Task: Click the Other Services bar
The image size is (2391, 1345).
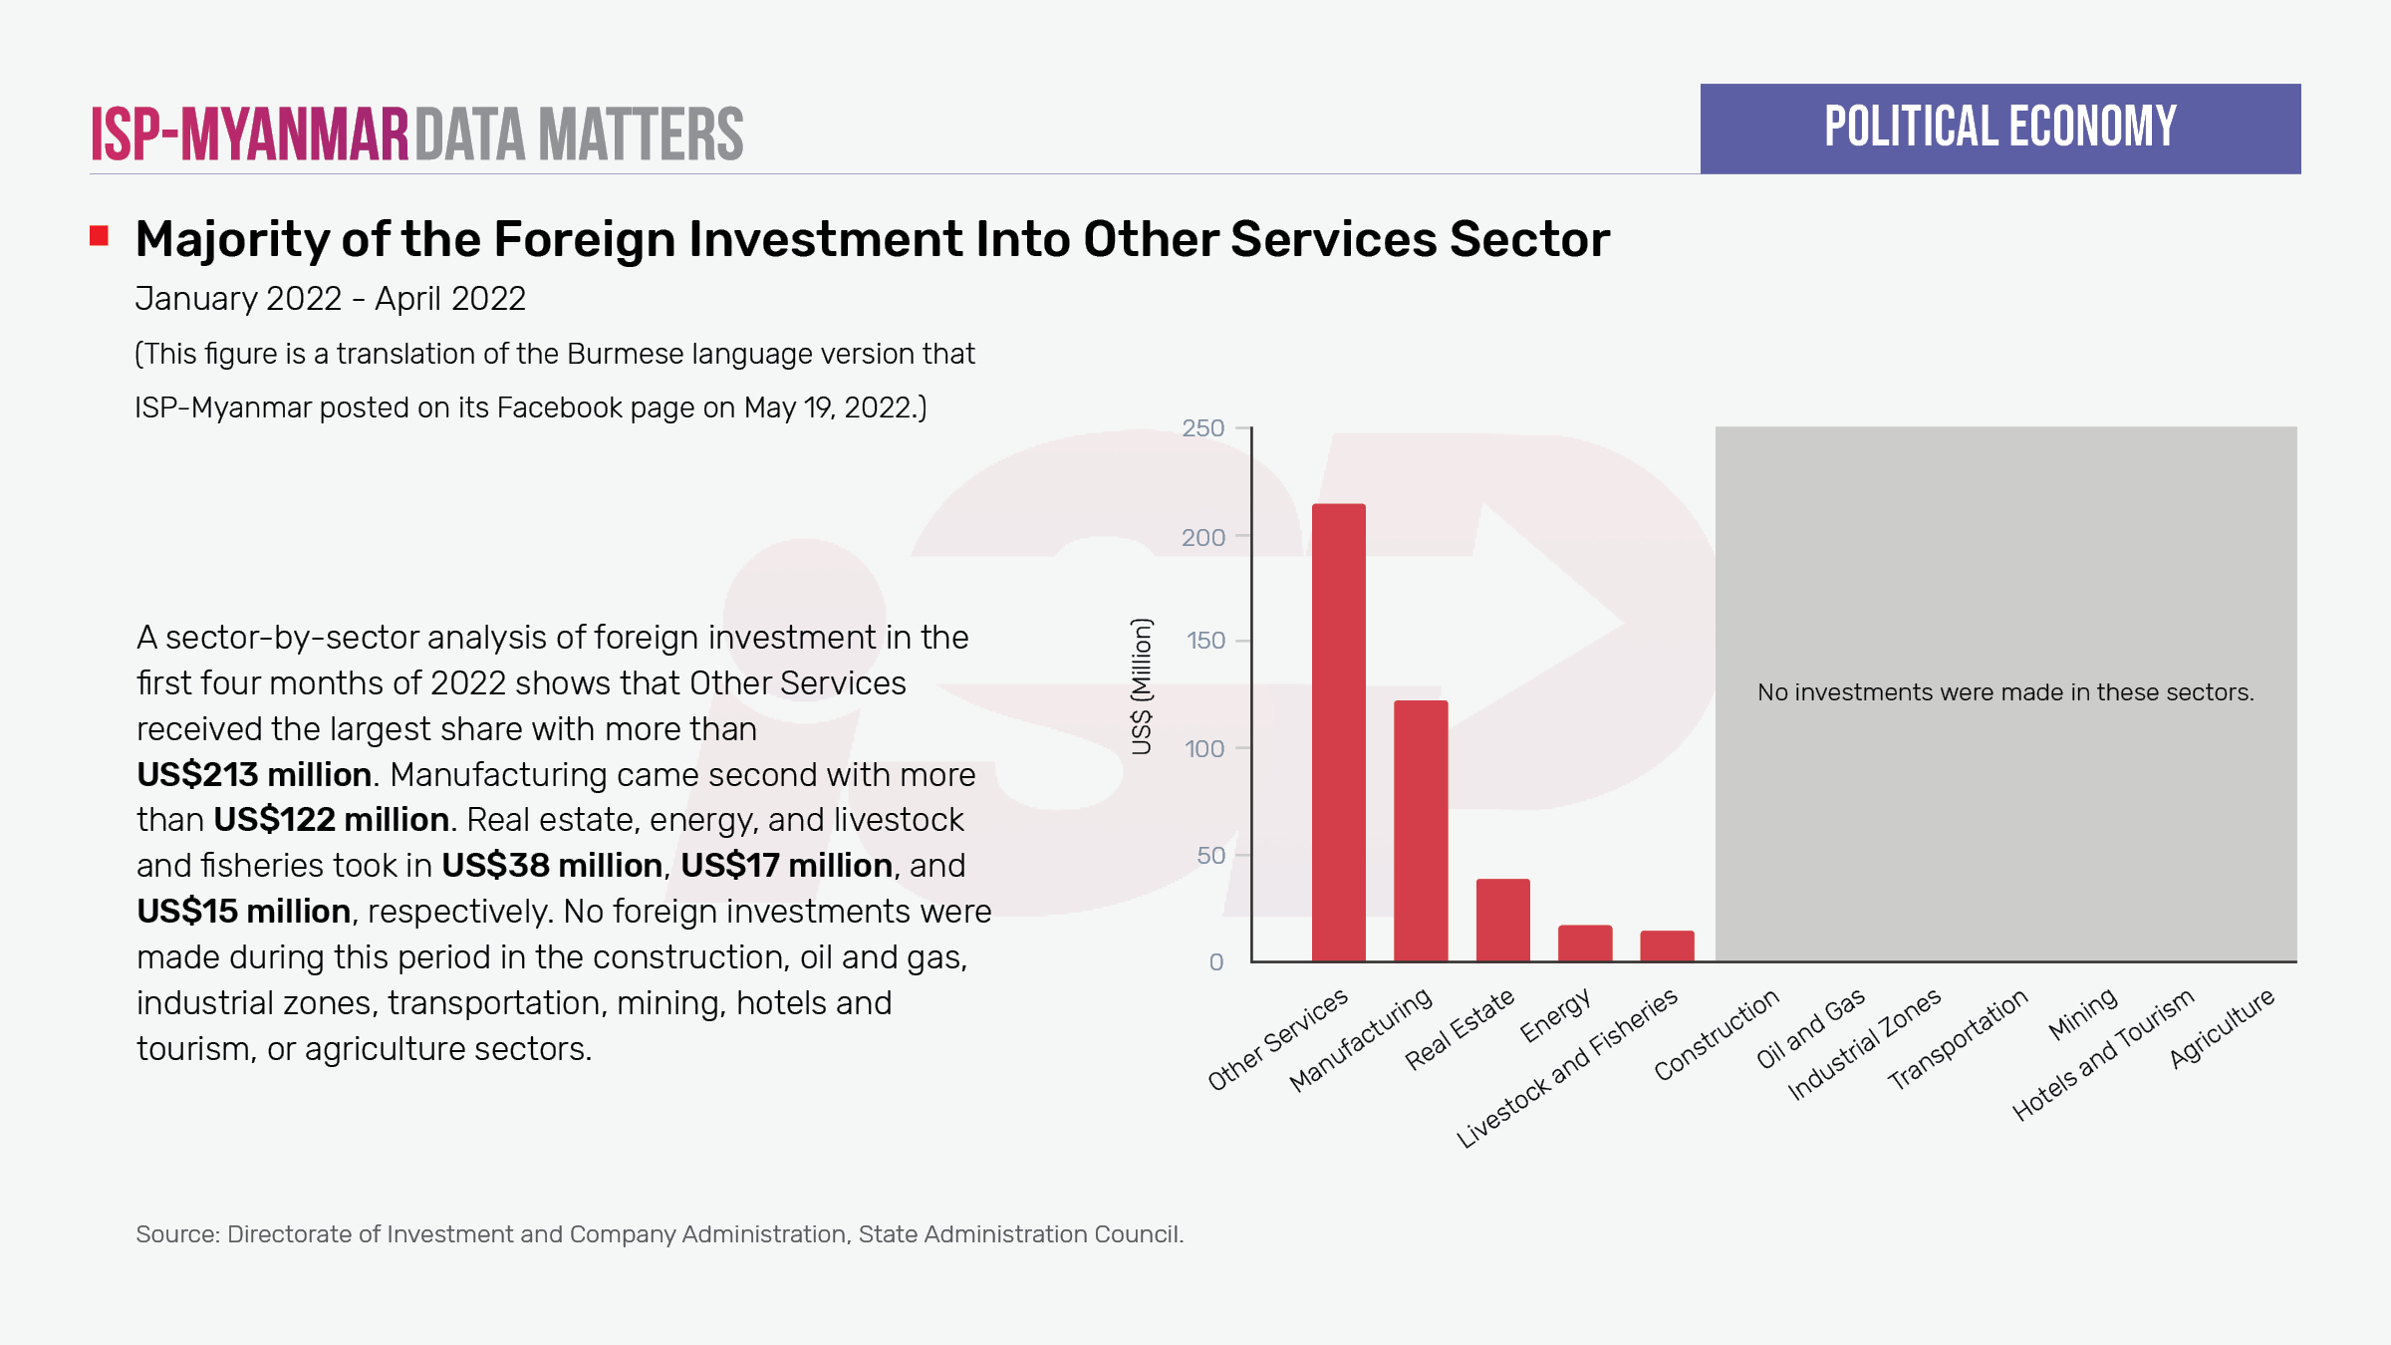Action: [1338, 732]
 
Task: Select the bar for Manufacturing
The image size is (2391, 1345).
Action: [1421, 831]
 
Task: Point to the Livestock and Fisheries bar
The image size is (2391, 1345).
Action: [1667, 945]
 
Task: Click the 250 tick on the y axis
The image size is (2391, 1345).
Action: [1202, 428]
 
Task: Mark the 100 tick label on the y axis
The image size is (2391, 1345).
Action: [1204, 748]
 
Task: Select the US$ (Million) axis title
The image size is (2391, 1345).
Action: [1142, 686]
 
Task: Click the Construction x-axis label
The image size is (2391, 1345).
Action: [1717, 1035]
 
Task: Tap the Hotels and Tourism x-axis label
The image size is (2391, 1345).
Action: [2103, 1055]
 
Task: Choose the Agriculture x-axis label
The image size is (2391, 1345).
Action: [2223, 1028]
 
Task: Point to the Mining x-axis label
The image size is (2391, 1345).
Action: [2082, 1014]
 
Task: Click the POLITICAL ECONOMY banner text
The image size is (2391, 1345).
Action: [1999, 128]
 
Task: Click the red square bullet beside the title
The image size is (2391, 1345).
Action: [99, 236]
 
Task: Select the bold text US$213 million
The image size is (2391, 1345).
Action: [254, 774]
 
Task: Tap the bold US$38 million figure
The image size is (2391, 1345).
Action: [552, 865]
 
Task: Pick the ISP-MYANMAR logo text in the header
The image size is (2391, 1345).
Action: [250, 134]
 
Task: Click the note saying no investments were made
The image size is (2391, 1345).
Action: [2004, 692]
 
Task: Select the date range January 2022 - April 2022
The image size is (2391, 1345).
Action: [330, 299]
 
